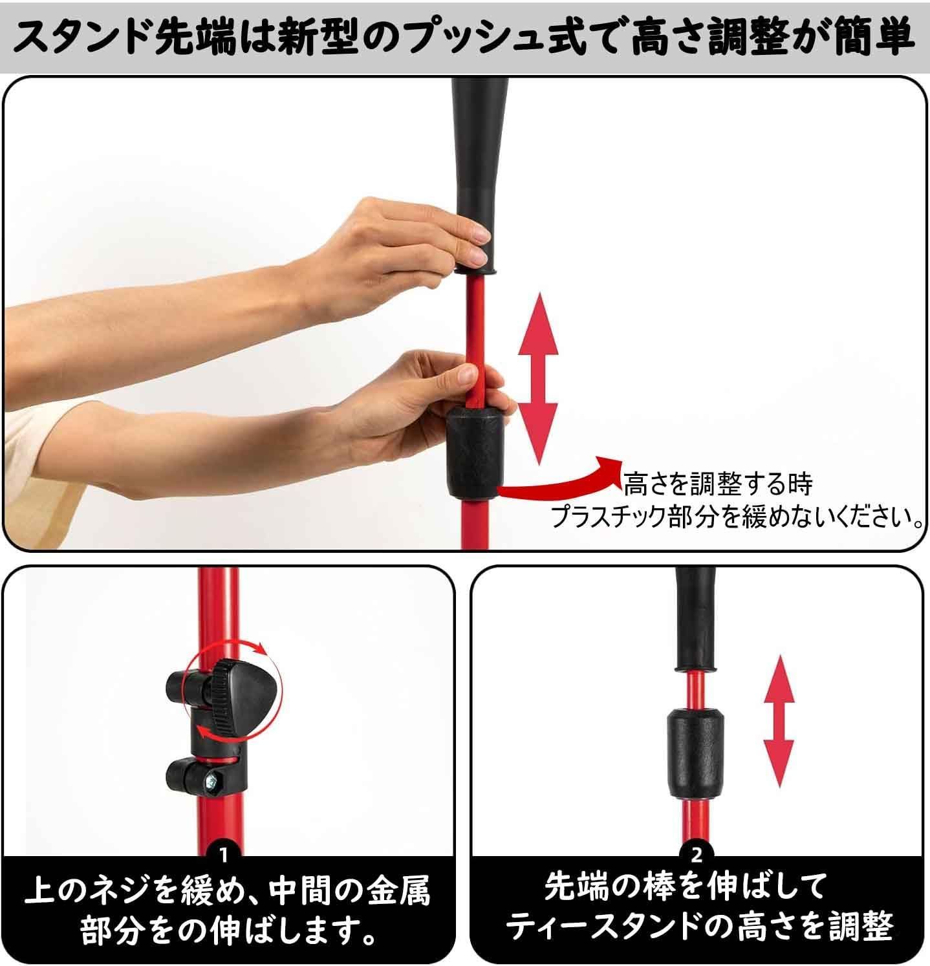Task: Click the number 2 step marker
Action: [697, 856]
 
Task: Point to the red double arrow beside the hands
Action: [537, 378]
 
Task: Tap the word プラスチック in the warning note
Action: [608, 517]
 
